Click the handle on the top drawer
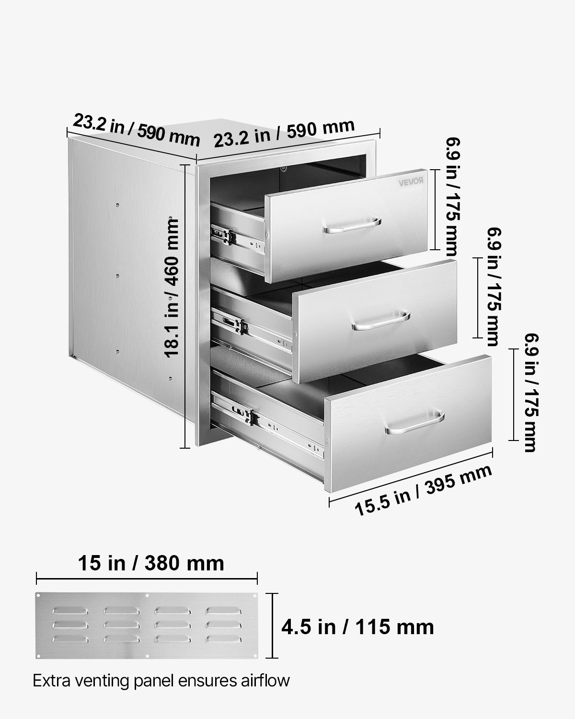click(x=352, y=226)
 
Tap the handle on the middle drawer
click(x=380, y=322)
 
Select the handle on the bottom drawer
click(x=415, y=423)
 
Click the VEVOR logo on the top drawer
click(x=412, y=181)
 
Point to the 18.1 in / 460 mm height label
click(x=171, y=288)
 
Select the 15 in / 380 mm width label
click(x=151, y=563)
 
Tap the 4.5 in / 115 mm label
click(x=357, y=626)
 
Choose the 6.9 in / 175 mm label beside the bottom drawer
click(x=529, y=393)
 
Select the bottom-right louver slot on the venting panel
click(x=223, y=638)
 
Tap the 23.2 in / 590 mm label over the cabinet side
click(x=136, y=129)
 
